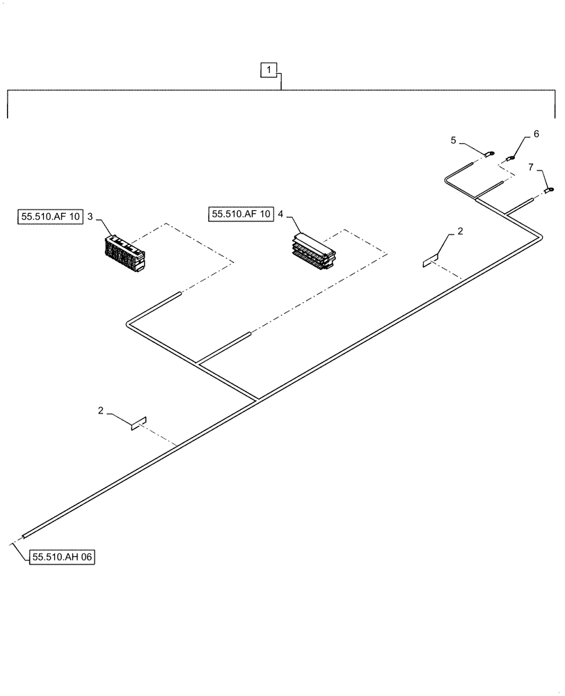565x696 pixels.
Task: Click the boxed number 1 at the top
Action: tap(270, 70)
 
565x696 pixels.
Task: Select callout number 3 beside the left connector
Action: tap(90, 216)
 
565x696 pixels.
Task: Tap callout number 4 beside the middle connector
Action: tap(280, 214)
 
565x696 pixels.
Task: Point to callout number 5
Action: tap(454, 140)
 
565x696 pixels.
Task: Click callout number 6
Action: tap(536, 133)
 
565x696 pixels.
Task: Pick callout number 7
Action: tap(531, 167)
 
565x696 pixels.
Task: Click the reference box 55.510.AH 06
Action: tap(62, 557)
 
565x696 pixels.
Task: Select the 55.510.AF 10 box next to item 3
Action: tap(49, 217)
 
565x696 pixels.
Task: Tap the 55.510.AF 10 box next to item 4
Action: tap(240, 214)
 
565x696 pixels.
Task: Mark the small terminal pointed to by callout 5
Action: tap(490, 154)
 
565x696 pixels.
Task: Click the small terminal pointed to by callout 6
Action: tap(510, 159)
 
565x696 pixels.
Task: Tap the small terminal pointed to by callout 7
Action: tap(549, 189)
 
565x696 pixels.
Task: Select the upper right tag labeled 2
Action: tap(431, 261)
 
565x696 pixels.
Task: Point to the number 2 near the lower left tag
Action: tap(101, 411)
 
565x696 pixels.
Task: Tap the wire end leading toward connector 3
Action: tap(179, 294)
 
